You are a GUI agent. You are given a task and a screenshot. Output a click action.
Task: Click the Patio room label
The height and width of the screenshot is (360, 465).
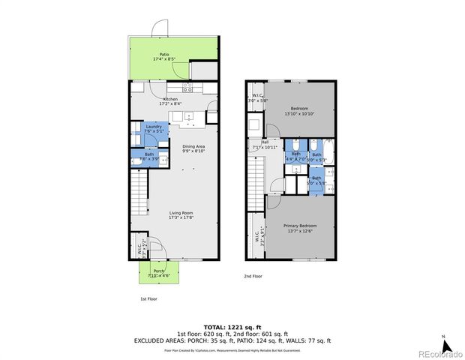point(163,56)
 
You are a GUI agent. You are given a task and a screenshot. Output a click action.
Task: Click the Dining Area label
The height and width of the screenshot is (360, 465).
point(193,148)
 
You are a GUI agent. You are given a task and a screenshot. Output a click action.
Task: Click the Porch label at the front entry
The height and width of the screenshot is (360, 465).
point(159,273)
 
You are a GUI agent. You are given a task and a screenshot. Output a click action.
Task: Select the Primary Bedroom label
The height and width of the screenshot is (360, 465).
point(300,227)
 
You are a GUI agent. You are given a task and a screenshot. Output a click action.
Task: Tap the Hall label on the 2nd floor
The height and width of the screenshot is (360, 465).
point(265,143)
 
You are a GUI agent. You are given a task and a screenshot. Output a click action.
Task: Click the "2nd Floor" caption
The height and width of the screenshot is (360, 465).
point(253,276)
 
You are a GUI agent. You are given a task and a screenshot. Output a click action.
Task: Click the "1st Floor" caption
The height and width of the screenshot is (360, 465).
point(148,298)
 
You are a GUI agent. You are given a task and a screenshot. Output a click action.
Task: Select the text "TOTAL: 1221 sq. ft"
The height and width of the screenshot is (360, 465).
point(232,327)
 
